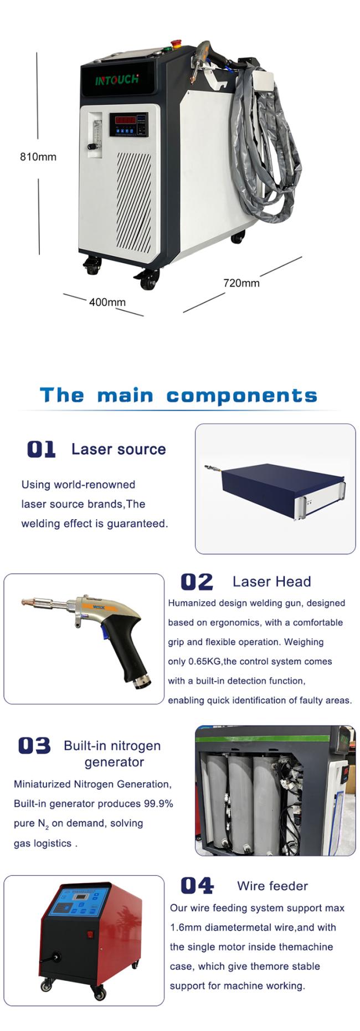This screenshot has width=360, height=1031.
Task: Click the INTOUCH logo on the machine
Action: (x=117, y=80)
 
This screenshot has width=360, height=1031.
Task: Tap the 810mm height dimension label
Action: (x=38, y=157)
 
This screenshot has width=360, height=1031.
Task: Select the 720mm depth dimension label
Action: (x=241, y=283)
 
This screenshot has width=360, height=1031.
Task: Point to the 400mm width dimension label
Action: (x=107, y=302)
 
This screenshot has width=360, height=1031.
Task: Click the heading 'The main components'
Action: (x=178, y=396)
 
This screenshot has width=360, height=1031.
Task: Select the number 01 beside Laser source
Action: (x=41, y=449)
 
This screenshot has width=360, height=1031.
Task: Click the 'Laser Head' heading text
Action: (x=271, y=582)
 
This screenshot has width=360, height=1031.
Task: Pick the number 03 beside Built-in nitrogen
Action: (x=34, y=746)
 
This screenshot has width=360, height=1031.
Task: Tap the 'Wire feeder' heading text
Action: (x=272, y=886)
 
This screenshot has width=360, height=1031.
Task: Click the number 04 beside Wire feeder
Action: (x=197, y=885)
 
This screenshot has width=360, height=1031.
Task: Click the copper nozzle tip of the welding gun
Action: (x=30, y=602)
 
